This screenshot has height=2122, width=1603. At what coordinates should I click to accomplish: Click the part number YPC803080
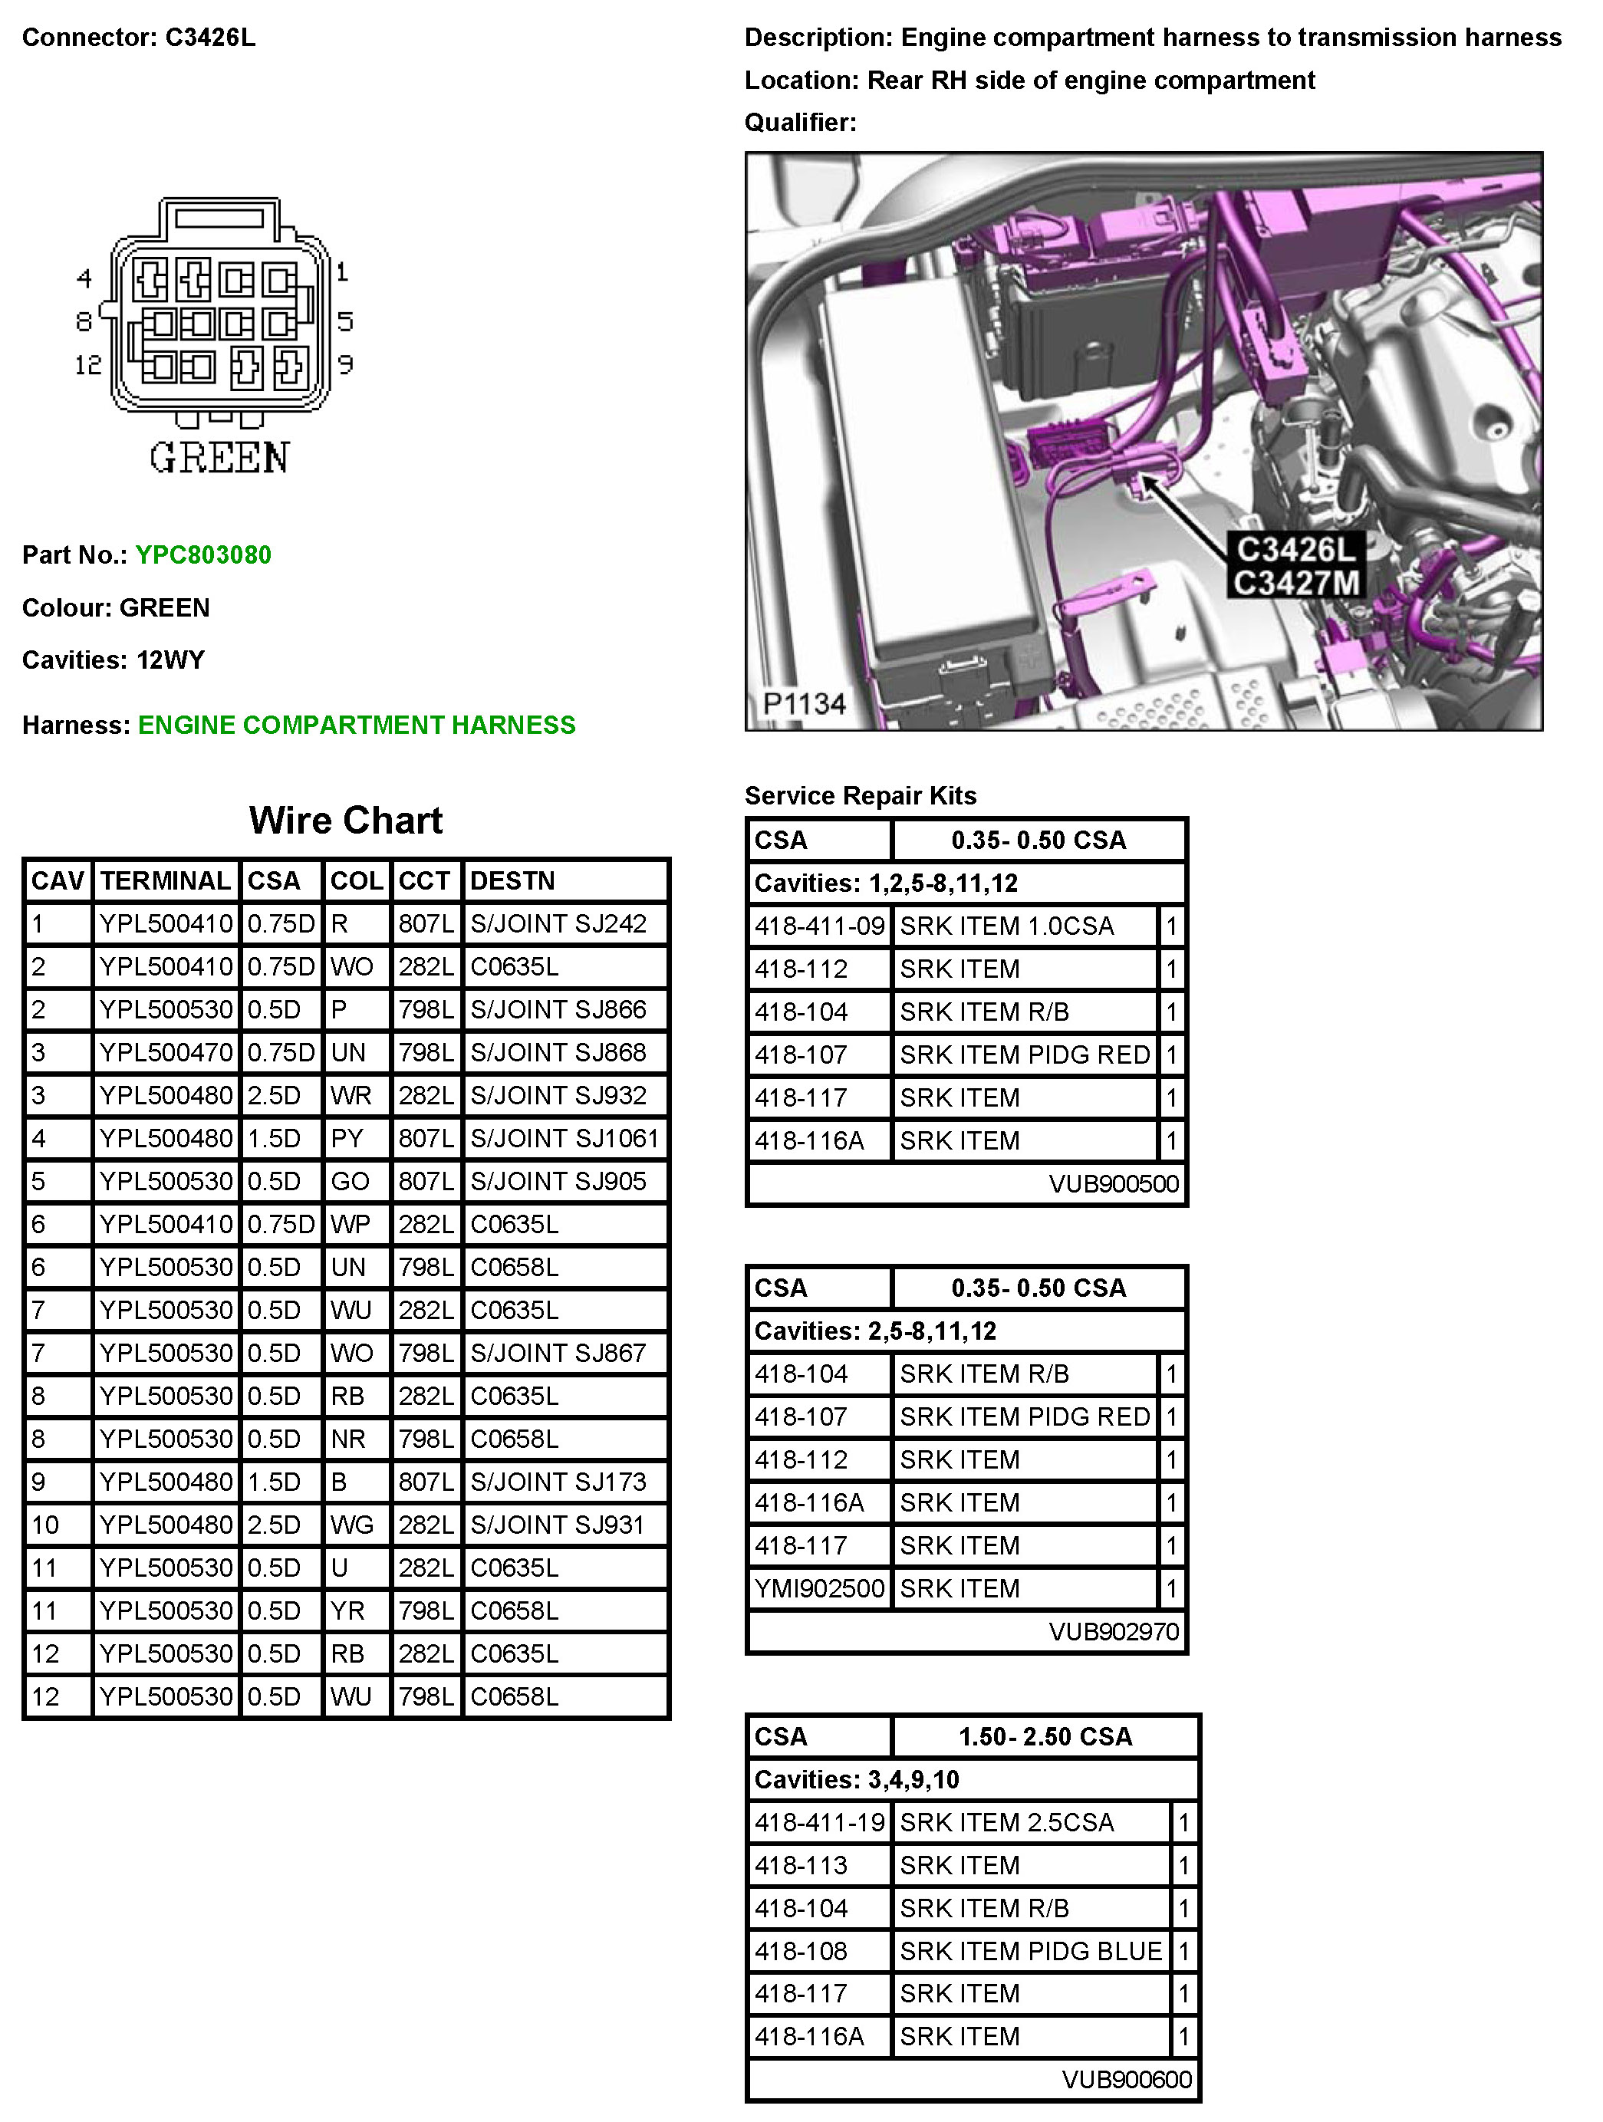(x=202, y=554)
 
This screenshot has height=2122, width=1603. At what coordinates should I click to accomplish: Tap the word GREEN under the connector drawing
(x=219, y=458)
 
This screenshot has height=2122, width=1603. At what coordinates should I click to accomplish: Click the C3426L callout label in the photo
(x=1295, y=550)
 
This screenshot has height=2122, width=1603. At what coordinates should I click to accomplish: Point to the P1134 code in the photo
(x=804, y=704)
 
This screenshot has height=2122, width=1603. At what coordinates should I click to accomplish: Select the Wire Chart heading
(x=345, y=821)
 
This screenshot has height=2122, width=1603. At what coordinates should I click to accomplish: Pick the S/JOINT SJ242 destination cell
(x=558, y=924)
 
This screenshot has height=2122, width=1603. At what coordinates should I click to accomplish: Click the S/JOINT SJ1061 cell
(x=564, y=1139)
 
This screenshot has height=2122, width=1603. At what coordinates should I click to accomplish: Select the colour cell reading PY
(x=347, y=1139)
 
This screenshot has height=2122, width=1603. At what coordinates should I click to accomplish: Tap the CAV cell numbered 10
(x=45, y=1525)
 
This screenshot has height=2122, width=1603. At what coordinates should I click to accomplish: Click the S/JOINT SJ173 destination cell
(x=558, y=1482)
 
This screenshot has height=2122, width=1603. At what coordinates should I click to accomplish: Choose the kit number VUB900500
(x=1113, y=1184)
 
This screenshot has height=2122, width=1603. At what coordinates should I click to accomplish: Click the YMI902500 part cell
(x=819, y=1588)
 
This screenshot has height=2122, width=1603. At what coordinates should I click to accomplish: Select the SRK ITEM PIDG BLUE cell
(x=1030, y=1951)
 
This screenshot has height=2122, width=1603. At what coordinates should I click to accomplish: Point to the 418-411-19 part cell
(x=819, y=1823)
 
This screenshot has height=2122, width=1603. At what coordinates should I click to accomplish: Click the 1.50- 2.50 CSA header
(x=1045, y=1736)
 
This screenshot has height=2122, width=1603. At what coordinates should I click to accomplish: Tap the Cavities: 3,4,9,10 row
(x=856, y=1779)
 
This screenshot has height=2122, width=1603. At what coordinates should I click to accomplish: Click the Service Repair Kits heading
(x=860, y=795)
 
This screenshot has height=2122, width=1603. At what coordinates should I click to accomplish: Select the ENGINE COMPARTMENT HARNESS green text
(x=356, y=725)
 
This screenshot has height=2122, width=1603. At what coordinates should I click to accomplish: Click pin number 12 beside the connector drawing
(x=88, y=364)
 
